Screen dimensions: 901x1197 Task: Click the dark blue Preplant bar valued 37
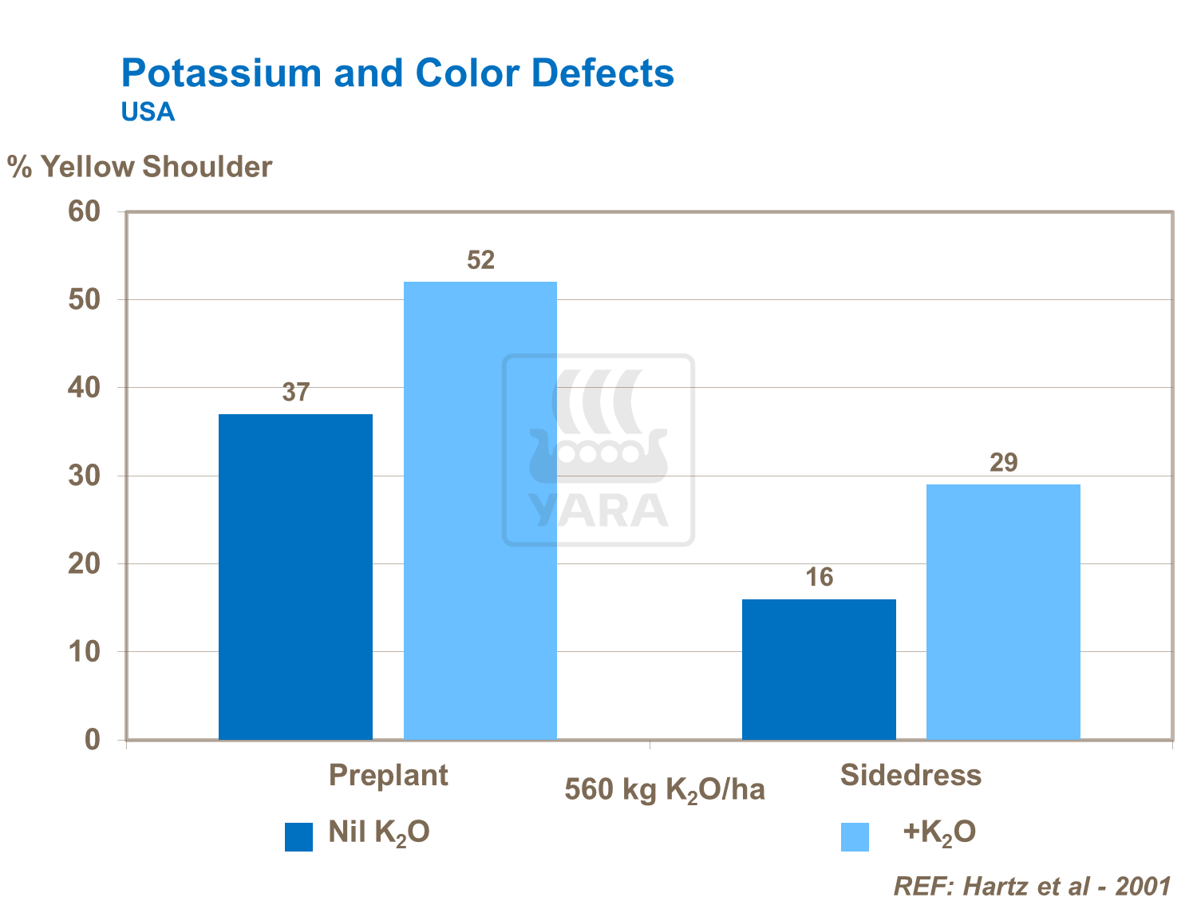coord(295,576)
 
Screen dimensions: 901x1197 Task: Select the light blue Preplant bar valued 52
coord(480,511)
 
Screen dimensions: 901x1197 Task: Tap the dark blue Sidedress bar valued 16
coord(819,669)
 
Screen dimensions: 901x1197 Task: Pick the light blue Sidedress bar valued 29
coord(1003,611)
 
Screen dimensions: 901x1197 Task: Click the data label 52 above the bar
coord(480,260)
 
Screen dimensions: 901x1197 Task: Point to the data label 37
coord(295,393)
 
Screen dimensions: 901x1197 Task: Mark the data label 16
coord(819,577)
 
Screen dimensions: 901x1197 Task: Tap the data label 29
coord(1003,463)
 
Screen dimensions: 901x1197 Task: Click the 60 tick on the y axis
coord(85,211)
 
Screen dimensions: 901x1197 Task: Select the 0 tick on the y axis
coord(93,740)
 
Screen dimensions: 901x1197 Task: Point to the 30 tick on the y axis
coord(85,476)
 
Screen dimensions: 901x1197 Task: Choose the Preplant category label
coord(388,775)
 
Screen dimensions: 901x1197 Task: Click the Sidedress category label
coord(911,775)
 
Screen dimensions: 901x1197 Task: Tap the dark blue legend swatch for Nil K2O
coord(298,837)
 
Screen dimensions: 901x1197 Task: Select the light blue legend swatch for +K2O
coord(855,837)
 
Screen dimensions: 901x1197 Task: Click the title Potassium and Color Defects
coord(397,73)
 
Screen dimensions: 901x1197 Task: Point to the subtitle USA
coord(148,112)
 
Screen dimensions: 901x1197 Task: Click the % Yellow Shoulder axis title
coord(140,167)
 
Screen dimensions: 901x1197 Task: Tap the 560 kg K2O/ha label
coord(664,790)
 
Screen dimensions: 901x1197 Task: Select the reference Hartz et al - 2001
coord(1031,886)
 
